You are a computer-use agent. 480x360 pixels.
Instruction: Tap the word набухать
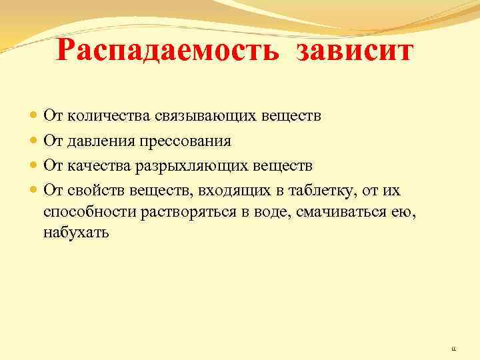(x=75, y=233)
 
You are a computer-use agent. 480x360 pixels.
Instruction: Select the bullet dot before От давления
(x=34, y=141)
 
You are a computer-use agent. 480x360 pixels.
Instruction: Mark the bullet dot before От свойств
(x=34, y=189)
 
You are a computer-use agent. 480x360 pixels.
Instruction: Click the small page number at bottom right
(x=453, y=347)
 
